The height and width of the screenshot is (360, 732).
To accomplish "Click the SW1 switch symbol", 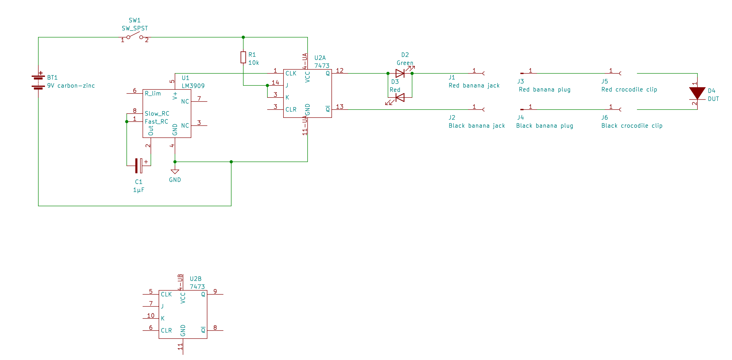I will [x=135, y=36].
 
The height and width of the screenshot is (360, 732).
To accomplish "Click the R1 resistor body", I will [x=243, y=57].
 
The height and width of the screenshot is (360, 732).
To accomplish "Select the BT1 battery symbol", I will [x=38, y=82].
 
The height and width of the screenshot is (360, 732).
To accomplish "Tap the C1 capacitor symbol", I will [x=139, y=166].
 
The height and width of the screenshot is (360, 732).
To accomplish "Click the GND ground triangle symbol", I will [x=175, y=172].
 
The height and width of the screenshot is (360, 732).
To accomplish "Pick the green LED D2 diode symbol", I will [x=400, y=73].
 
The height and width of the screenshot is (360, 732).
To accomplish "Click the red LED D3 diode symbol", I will [x=400, y=97].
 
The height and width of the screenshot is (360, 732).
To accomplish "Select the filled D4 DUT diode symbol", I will [x=697, y=93].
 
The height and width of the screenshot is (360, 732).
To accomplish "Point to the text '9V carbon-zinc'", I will [x=71, y=85].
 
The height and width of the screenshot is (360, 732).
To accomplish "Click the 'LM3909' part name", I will [x=193, y=86].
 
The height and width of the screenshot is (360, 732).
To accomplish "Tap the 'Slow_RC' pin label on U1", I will [x=157, y=114].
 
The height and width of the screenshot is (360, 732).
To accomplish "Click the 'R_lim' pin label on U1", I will [x=153, y=93].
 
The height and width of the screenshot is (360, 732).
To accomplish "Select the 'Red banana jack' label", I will [x=474, y=85].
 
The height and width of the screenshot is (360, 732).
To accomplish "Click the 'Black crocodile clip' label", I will [x=632, y=126].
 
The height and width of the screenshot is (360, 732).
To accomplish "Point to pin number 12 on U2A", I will [x=339, y=70].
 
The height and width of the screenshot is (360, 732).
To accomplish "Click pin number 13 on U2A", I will [x=339, y=107].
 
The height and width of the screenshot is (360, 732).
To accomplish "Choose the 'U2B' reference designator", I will [x=196, y=279].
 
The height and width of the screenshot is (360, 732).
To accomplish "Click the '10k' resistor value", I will [x=253, y=62].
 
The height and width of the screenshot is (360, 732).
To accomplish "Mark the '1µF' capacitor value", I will [x=139, y=190].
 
